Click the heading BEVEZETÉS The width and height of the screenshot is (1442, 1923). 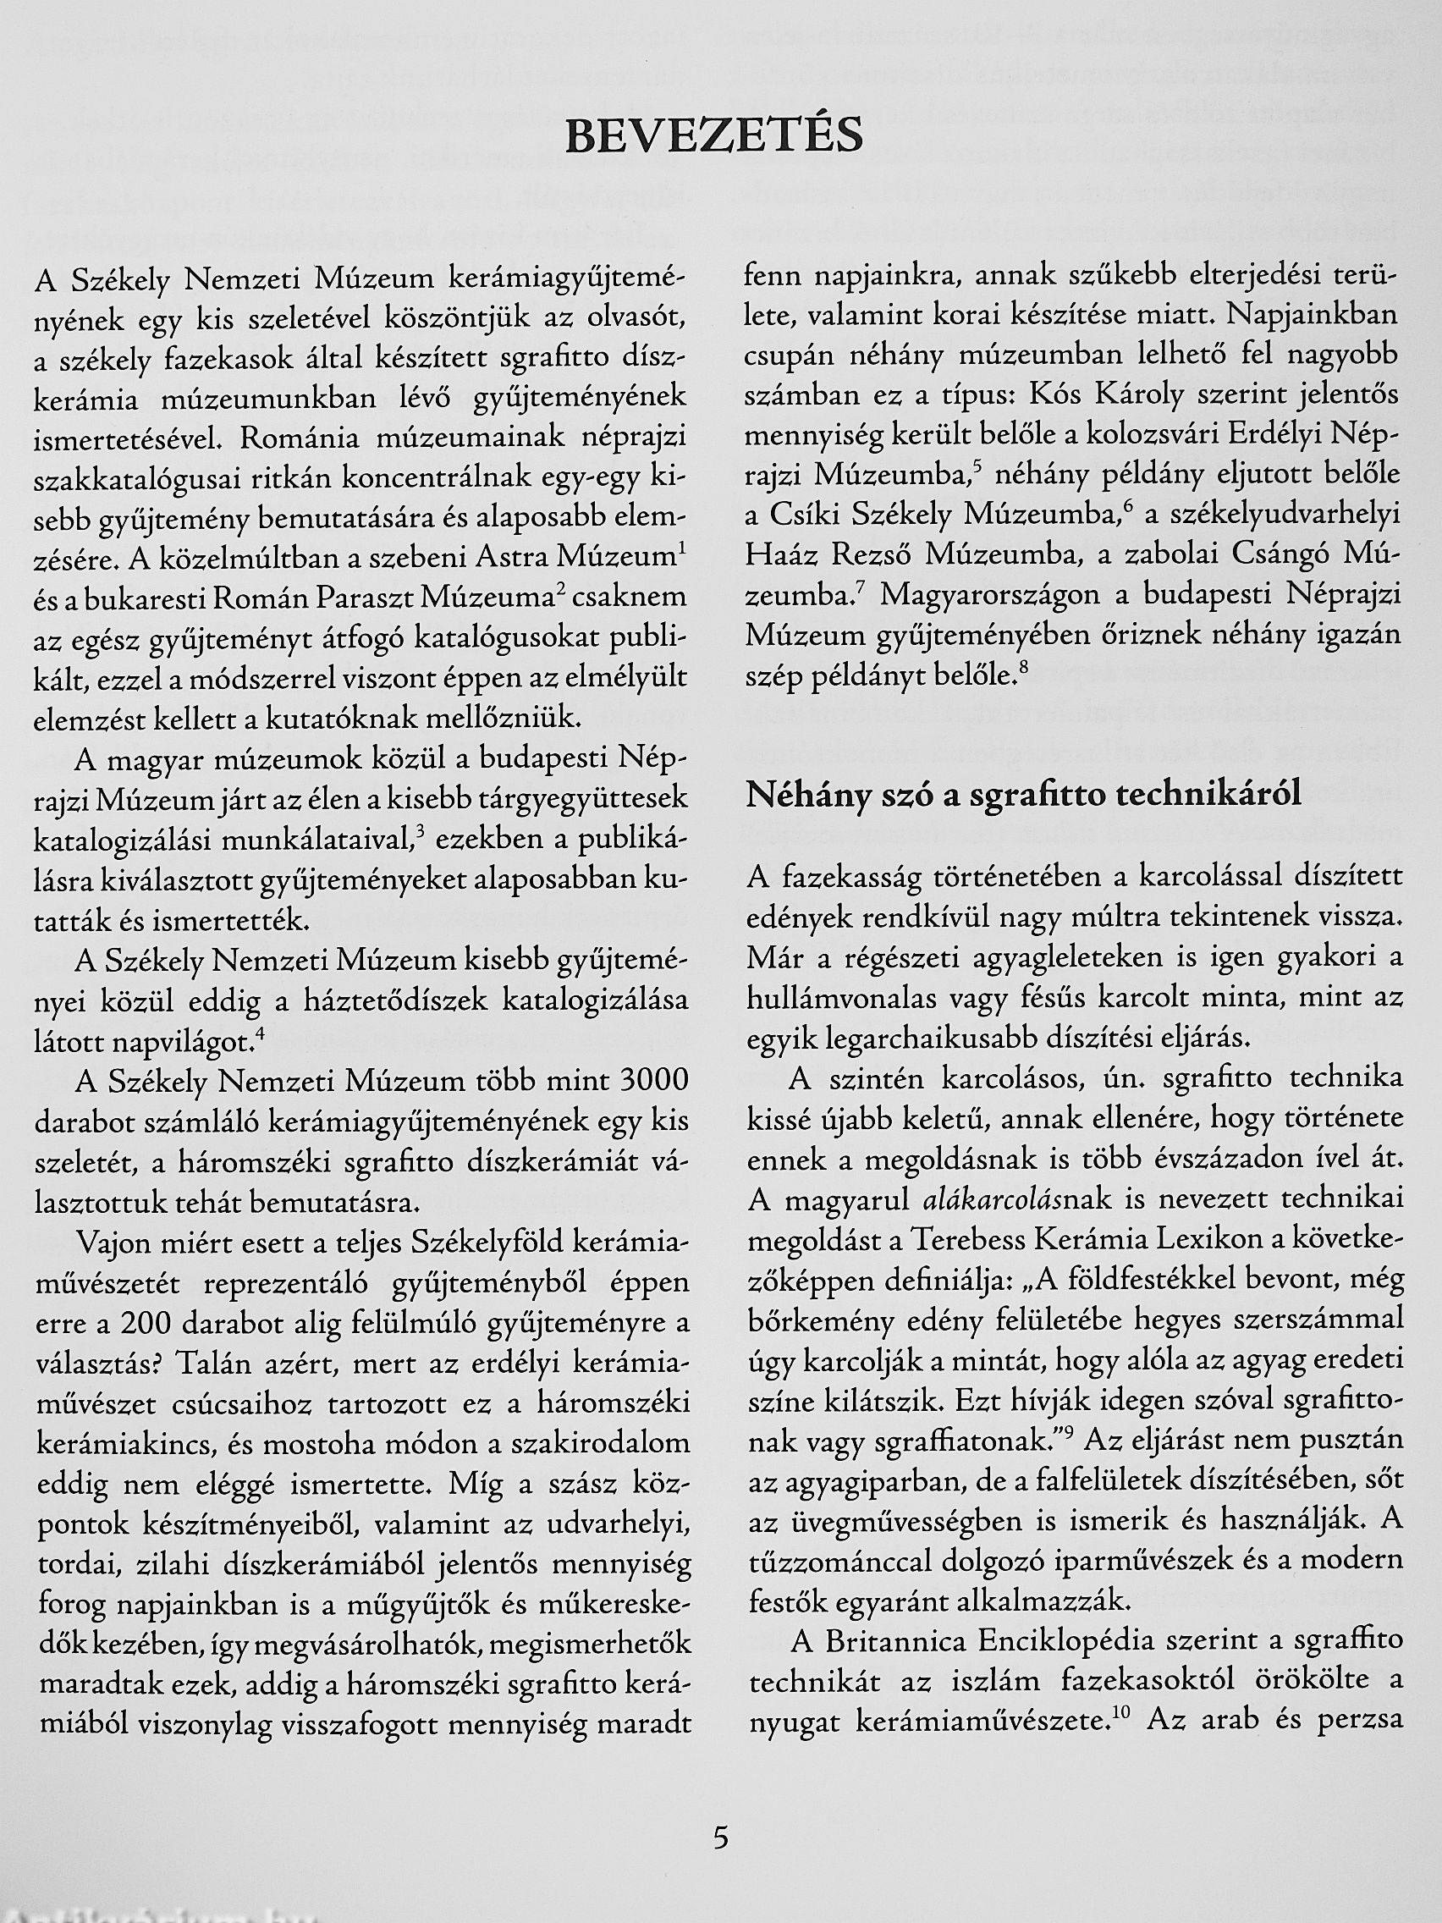pyautogui.click(x=713, y=137)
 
